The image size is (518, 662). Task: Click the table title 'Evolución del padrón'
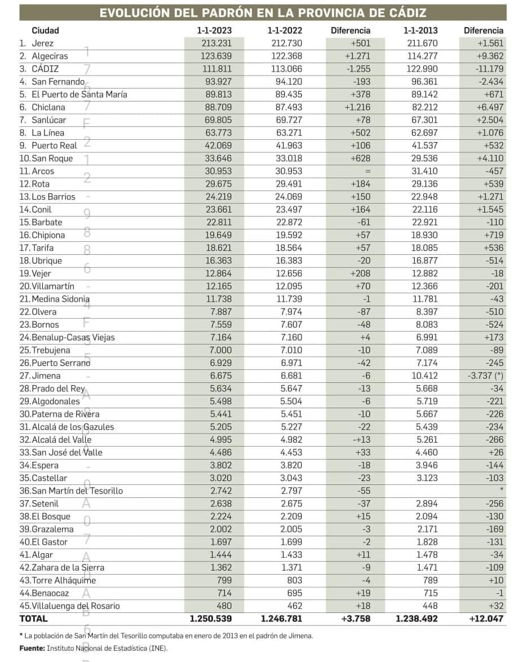[x=263, y=13]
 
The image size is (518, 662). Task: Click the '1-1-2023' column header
[x=214, y=30]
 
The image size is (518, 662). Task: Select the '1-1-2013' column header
[x=420, y=30]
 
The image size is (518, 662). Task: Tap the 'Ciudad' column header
[x=45, y=30]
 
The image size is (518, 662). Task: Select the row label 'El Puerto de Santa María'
[x=79, y=94]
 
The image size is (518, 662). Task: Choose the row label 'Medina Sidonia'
[x=61, y=299]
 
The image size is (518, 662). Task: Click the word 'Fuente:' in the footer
[x=32, y=648]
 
